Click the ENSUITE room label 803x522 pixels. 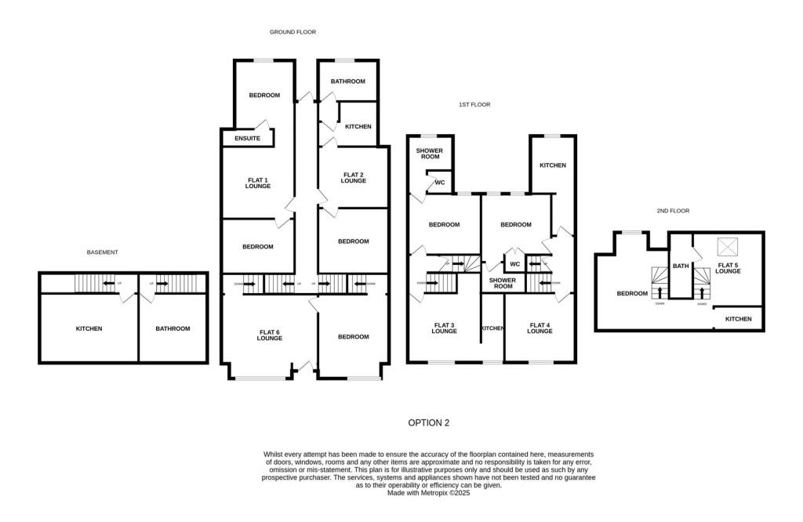pyautogui.click(x=247, y=139)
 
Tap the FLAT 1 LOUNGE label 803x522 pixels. pyautogui.click(x=258, y=183)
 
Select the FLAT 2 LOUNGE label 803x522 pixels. pyautogui.click(x=353, y=178)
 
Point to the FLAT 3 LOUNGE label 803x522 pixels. pyautogui.click(x=444, y=328)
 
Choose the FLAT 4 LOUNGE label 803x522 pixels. pyautogui.click(x=540, y=328)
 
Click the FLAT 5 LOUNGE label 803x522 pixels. pyautogui.click(x=728, y=268)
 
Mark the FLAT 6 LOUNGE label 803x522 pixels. pyautogui.click(x=269, y=335)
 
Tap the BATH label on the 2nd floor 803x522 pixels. pyautogui.click(x=681, y=266)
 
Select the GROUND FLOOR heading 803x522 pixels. pyautogui.click(x=292, y=32)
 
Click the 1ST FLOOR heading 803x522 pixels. pyautogui.click(x=474, y=104)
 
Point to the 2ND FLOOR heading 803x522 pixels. pyautogui.click(x=673, y=211)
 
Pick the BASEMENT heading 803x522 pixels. pyautogui.click(x=102, y=252)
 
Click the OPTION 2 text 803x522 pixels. pyautogui.click(x=429, y=422)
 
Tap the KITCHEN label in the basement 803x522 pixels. pyautogui.click(x=89, y=328)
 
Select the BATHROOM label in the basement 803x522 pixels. pyautogui.click(x=173, y=328)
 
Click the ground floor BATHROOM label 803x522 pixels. pyautogui.click(x=347, y=82)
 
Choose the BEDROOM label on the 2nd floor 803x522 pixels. pyautogui.click(x=632, y=294)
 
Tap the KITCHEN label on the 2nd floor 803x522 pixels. pyautogui.click(x=738, y=319)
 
